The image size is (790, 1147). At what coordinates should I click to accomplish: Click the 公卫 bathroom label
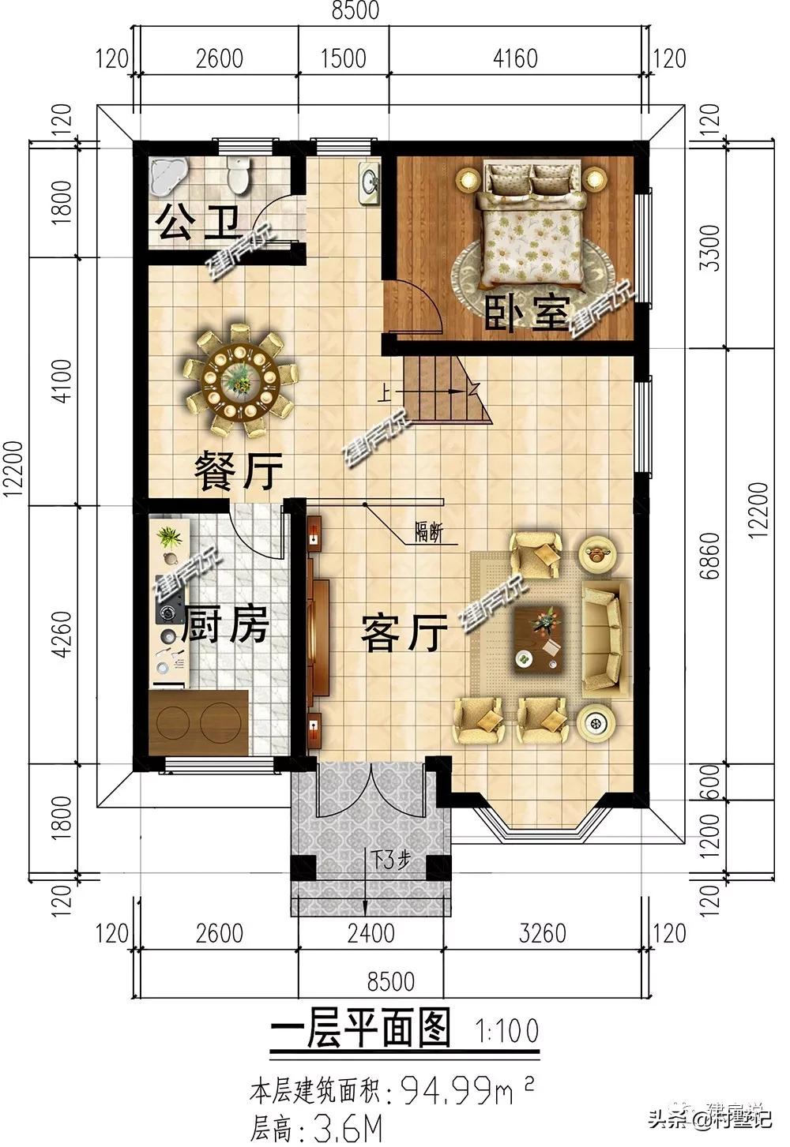pos(197,223)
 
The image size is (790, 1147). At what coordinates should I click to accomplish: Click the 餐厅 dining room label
pos(239,471)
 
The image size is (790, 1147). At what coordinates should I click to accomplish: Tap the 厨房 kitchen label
pos(225,628)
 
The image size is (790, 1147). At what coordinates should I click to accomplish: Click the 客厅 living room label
pos(404,633)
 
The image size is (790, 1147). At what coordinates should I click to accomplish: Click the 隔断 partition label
pos(427,533)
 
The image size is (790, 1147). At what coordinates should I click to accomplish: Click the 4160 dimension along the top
pos(515,58)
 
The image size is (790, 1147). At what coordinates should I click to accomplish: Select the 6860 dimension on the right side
pos(710,557)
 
